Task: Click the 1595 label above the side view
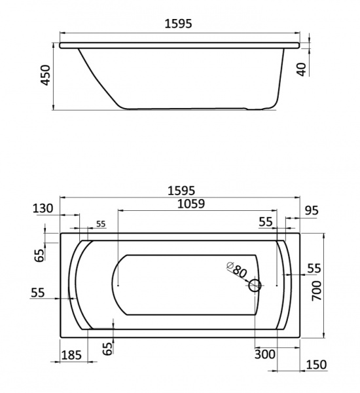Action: click(x=178, y=24)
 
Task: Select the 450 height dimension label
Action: click(x=46, y=75)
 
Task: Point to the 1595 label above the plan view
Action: click(x=181, y=191)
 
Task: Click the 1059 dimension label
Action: click(x=191, y=204)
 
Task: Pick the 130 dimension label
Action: click(x=43, y=208)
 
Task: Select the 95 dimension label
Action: click(x=312, y=210)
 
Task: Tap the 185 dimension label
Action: click(x=71, y=355)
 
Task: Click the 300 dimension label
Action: click(x=265, y=354)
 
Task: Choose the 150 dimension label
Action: click(x=316, y=365)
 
